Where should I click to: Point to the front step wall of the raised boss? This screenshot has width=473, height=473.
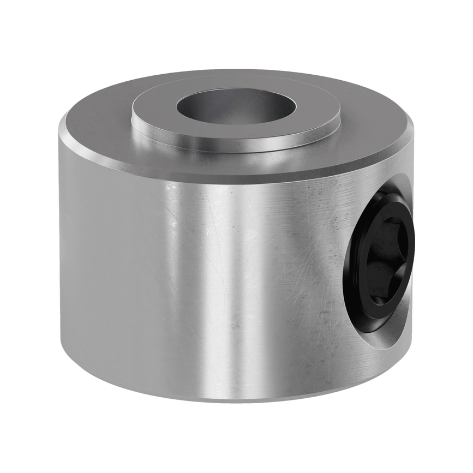[236, 142]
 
